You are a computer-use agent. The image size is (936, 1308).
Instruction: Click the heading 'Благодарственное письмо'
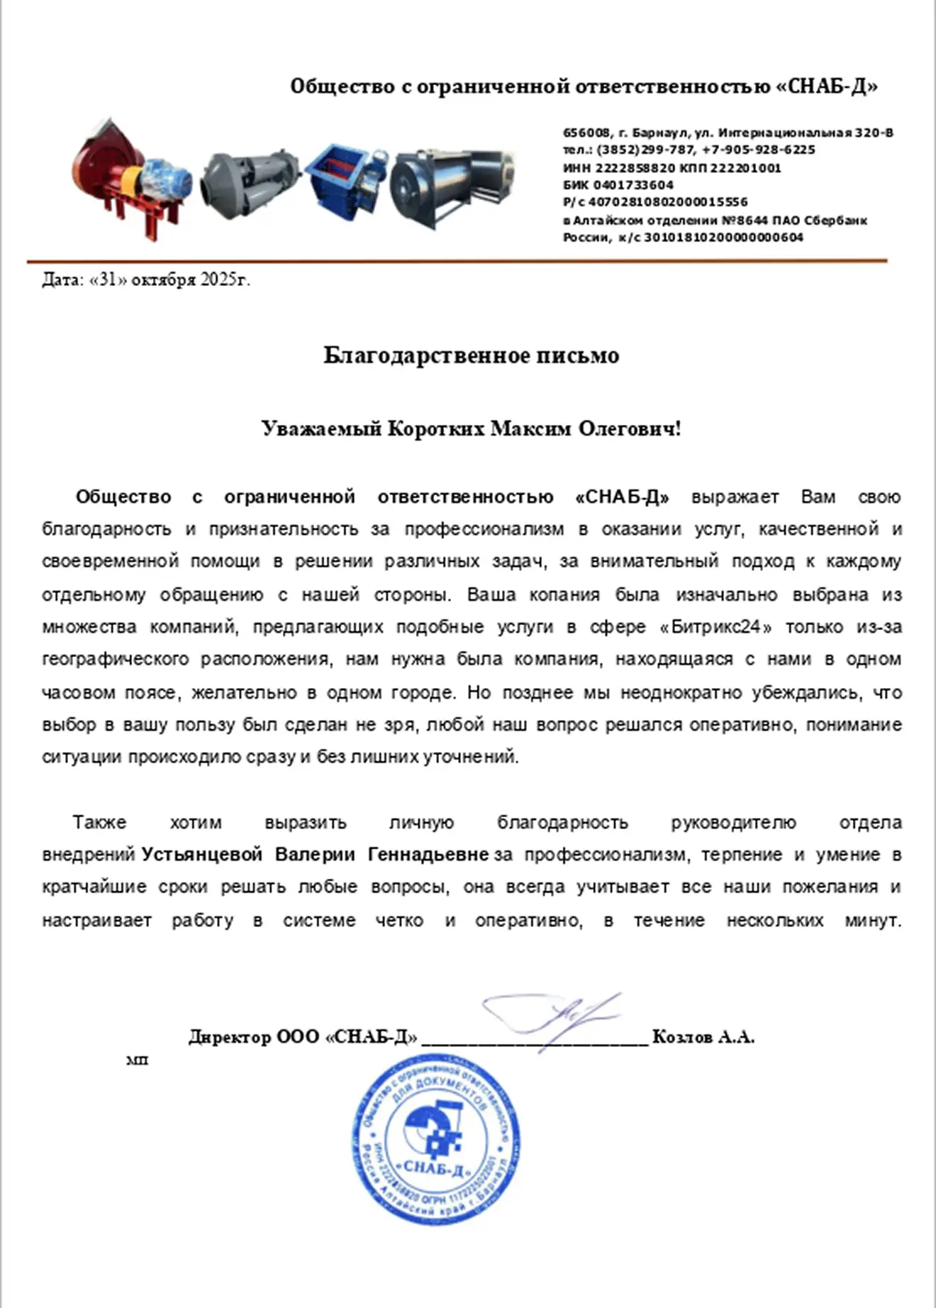471,355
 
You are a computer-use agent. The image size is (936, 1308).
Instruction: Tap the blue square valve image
345,177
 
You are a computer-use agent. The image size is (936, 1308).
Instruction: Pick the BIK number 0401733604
633,185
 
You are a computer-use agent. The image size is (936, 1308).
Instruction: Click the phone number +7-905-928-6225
758,150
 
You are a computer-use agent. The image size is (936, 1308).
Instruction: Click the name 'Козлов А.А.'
703,1037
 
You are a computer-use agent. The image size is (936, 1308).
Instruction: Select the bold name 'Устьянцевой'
202,855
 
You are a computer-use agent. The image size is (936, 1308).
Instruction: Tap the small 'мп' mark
137,1060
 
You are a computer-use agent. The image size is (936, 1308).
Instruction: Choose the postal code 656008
586,133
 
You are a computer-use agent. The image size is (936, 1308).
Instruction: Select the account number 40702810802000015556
667,203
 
